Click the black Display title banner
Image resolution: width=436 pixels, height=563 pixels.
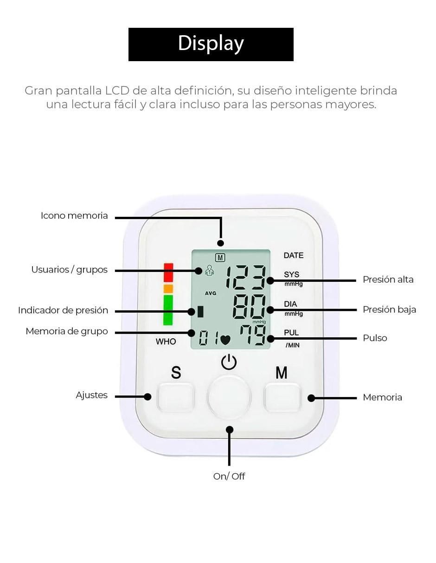point(211,44)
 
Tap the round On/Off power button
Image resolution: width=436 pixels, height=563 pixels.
point(229,397)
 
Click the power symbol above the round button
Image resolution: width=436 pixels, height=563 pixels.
point(229,362)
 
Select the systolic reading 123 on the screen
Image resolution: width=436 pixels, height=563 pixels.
point(245,277)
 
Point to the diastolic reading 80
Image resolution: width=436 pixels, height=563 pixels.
point(249,307)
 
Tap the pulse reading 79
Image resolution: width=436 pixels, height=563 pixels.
point(252,335)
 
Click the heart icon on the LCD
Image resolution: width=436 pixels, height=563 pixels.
point(225,340)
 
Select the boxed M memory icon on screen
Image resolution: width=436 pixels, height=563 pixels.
point(220,258)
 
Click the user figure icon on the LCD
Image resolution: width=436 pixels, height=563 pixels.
point(210,270)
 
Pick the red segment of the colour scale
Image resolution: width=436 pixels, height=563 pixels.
point(168,272)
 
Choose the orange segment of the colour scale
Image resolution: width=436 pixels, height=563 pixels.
point(168,289)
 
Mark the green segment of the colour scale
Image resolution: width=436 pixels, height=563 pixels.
point(168,310)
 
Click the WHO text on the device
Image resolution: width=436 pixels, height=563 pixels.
point(166,342)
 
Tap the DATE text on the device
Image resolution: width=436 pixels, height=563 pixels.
point(294,255)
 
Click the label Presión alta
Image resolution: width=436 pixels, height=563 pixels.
point(388,279)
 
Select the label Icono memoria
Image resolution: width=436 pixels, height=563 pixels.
point(74,215)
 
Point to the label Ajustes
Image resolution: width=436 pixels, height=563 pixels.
point(91,395)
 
